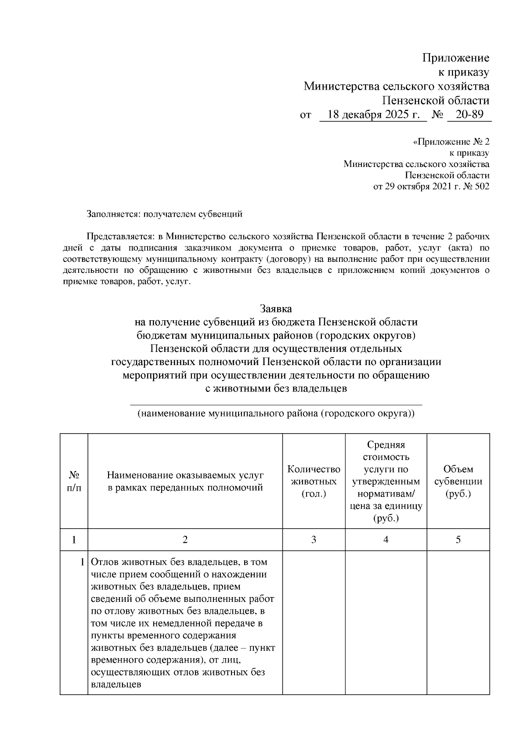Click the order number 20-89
click(x=469, y=115)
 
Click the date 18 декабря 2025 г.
click(x=373, y=115)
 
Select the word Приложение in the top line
click(x=455, y=58)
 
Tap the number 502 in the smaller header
click(x=482, y=186)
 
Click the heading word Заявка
click(x=275, y=308)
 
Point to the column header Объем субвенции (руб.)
click(x=458, y=481)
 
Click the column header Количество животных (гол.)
click(x=314, y=481)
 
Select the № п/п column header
click(x=74, y=481)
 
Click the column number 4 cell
click(x=386, y=540)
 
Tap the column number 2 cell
click(x=185, y=540)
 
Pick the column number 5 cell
click(x=458, y=540)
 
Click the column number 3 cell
click(x=314, y=540)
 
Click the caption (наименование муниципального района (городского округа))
click(x=275, y=414)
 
